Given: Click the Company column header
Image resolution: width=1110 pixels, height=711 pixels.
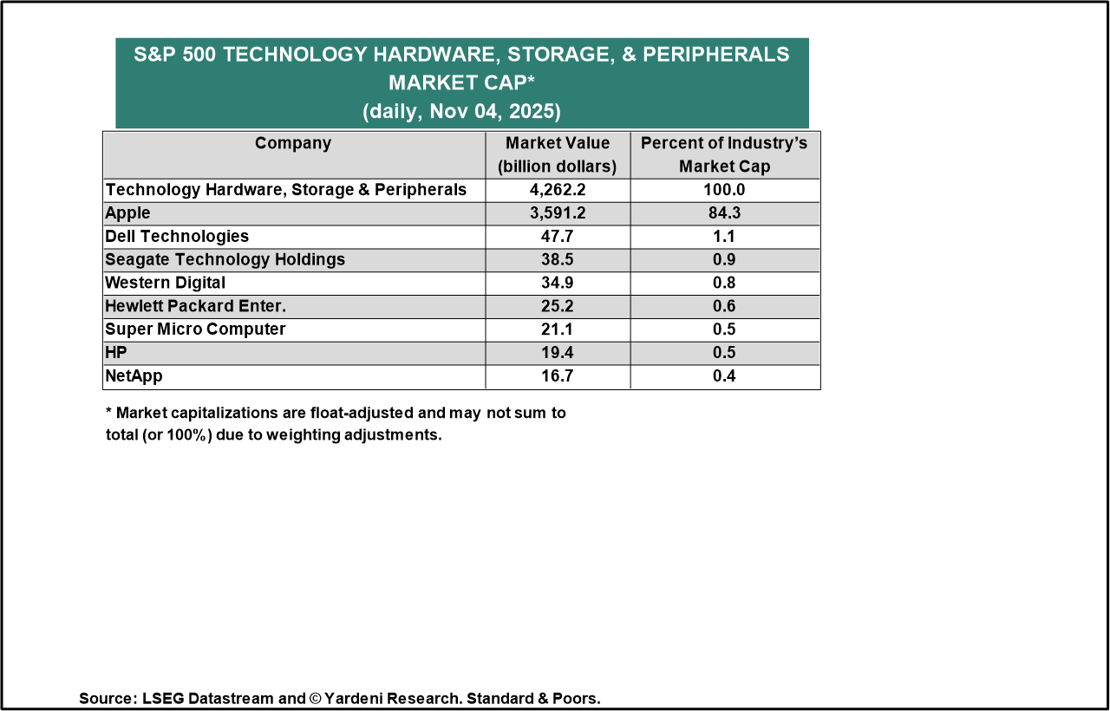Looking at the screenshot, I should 293,144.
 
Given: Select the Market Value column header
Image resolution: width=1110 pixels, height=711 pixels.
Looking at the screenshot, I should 558,154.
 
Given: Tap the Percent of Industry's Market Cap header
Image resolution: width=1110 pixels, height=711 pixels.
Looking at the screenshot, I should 725,154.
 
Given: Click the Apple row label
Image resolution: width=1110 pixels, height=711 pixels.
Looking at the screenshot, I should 127,213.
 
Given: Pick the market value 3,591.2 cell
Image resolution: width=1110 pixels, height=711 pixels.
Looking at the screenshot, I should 558,213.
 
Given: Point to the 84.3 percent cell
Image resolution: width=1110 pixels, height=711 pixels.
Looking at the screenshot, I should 725,213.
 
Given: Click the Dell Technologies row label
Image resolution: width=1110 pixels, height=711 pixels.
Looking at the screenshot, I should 177,237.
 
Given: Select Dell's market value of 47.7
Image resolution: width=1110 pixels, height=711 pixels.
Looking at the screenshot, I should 558,237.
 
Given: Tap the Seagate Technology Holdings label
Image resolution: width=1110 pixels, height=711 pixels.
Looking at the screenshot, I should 225,260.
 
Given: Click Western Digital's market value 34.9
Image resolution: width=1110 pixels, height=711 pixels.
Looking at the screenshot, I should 558,284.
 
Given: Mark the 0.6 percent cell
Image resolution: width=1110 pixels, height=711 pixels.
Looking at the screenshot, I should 725,307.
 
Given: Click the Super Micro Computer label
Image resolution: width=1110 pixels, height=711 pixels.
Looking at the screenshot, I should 195,330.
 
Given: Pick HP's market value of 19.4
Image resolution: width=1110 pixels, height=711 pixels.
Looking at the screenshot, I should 558,354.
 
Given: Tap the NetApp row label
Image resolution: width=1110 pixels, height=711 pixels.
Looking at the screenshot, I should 134,377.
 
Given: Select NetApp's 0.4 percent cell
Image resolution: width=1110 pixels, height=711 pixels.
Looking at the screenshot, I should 725,377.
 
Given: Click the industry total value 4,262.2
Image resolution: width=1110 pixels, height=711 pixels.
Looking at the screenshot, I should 558,190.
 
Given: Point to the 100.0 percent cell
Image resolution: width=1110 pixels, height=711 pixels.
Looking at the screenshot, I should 725,190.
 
